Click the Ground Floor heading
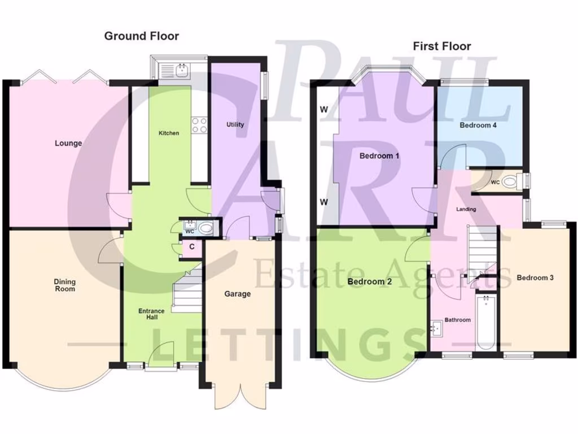141,36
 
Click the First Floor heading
441,46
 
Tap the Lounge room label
68,143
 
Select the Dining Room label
65,285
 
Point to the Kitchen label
169,133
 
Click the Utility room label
235,124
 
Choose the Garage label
237,294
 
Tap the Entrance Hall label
152,314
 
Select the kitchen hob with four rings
199,125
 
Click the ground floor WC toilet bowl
208,228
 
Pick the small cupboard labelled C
192,247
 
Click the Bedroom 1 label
379,156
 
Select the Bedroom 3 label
535,277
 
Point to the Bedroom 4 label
478,125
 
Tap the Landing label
466,209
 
